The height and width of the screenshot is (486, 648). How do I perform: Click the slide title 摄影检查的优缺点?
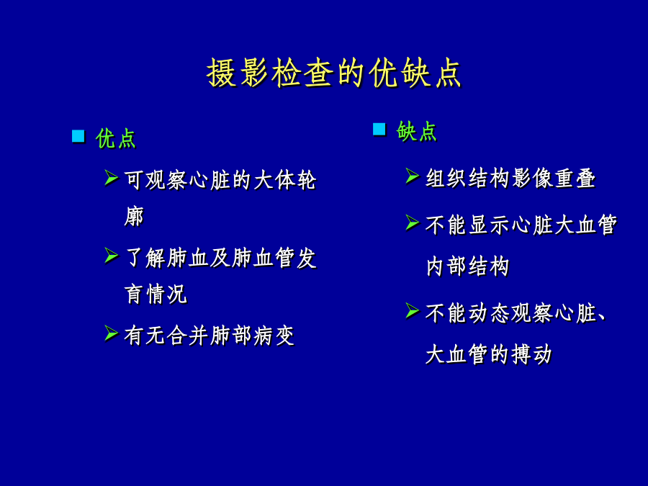pyautogui.click(x=334, y=73)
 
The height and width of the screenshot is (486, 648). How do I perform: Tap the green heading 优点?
pyautogui.click(x=116, y=138)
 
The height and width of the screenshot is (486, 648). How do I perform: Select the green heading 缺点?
pyautogui.click(x=417, y=132)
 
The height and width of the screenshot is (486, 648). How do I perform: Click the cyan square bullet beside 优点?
pyautogui.click(x=78, y=136)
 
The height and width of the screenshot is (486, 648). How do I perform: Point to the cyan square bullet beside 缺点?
pyautogui.click(x=379, y=129)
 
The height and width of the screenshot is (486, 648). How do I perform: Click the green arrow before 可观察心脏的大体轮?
pyautogui.click(x=112, y=177)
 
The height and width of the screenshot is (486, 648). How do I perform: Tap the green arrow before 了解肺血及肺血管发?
pyautogui.click(x=112, y=256)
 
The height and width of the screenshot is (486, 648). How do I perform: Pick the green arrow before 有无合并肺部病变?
pyautogui.click(x=112, y=333)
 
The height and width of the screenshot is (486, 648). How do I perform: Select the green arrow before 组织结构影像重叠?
pyautogui.click(x=413, y=176)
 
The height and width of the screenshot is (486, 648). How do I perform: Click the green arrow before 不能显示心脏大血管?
pyautogui.click(x=413, y=222)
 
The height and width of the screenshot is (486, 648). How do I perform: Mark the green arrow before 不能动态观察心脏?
pyautogui.click(x=413, y=310)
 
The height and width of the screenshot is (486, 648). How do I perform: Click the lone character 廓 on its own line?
pyautogui.click(x=134, y=216)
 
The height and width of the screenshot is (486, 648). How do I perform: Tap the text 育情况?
pyautogui.click(x=156, y=294)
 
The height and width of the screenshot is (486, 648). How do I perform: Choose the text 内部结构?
pyautogui.click(x=467, y=266)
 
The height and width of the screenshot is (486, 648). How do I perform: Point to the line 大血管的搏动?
pyautogui.click(x=489, y=354)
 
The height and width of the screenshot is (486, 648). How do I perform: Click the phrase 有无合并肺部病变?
pyautogui.click(x=210, y=335)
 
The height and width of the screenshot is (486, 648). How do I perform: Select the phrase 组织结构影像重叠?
pyautogui.click(x=510, y=178)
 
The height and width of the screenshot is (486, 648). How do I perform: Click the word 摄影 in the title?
pyautogui.click(x=238, y=73)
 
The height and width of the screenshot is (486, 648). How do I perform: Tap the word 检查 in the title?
pyautogui.click(x=302, y=73)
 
